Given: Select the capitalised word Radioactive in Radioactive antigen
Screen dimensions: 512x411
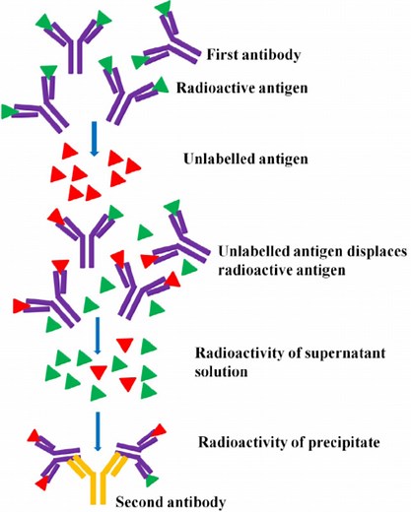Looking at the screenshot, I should [x=217, y=88].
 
